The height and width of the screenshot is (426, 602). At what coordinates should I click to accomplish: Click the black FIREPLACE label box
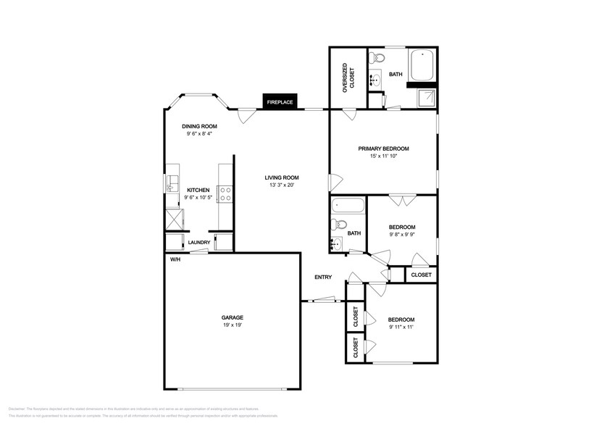click(280, 102)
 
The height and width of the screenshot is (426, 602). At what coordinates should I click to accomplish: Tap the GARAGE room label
click(232, 317)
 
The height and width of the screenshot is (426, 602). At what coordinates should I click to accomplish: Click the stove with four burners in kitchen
click(225, 193)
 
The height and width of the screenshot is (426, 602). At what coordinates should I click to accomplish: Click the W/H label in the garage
click(175, 259)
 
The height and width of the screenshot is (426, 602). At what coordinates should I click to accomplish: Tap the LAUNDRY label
click(199, 243)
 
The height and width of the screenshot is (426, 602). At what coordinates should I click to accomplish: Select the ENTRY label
click(322, 277)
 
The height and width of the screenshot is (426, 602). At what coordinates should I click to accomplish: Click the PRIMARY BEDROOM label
click(383, 149)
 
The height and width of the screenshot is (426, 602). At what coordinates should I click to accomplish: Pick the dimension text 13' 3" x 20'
click(281, 185)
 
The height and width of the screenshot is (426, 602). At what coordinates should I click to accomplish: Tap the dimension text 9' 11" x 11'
click(401, 327)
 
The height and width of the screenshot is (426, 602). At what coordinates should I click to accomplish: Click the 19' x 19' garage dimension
click(232, 325)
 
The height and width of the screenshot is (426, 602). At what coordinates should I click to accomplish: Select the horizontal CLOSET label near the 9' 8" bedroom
click(421, 275)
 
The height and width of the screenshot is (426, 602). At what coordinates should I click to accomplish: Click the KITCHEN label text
click(198, 190)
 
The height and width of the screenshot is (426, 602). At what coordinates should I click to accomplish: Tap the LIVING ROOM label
click(281, 177)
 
